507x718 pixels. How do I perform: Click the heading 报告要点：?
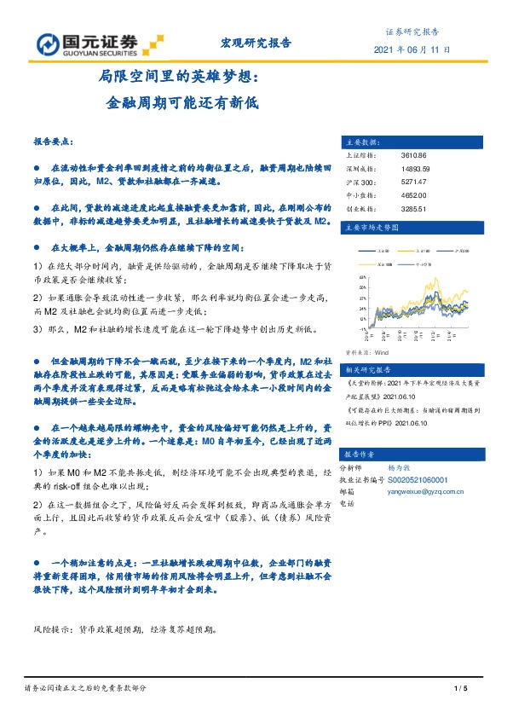pyautogui.click(x=54, y=142)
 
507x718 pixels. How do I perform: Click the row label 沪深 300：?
pyautogui.click(x=358, y=182)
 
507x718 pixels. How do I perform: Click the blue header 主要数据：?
pyautogui.click(x=361, y=142)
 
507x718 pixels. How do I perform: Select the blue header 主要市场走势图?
pyautogui.click(x=371, y=228)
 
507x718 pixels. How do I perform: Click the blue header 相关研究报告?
pyautogui.click(x=366, y=370)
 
